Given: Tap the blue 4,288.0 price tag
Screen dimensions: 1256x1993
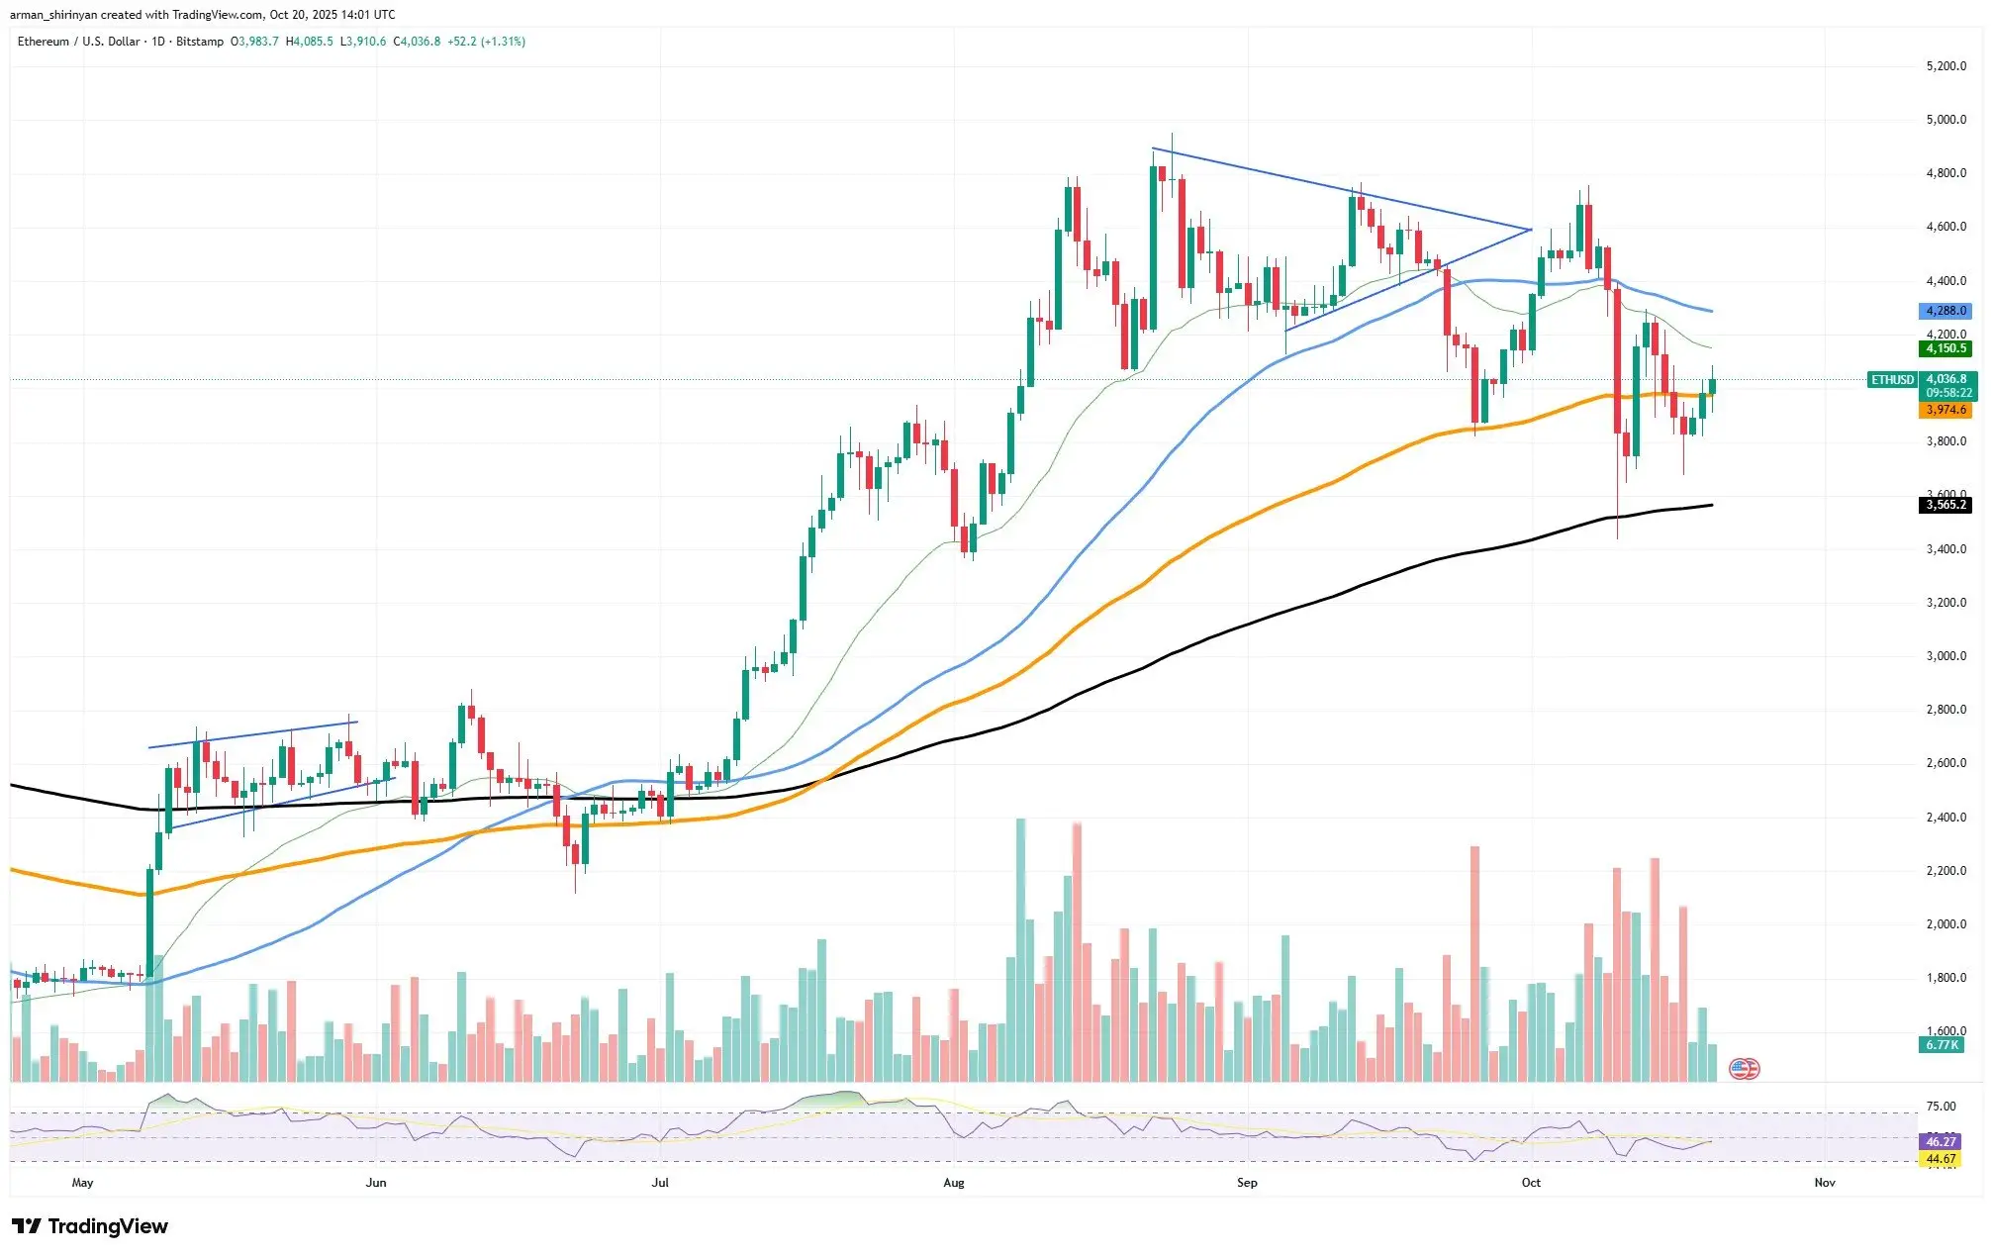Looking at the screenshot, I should click(1945, 311).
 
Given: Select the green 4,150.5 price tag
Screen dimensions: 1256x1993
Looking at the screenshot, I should click(1945, 348).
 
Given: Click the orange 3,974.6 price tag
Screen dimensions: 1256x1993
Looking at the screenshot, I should click(1945, 410).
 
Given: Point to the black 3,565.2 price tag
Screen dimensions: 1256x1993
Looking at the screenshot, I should click(1945, 505).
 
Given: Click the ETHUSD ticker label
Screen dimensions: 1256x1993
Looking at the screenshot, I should click(1891, 380).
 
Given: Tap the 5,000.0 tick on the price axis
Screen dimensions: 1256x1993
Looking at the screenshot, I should click(1946, 120).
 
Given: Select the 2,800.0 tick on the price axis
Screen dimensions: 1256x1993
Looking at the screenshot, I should click(1946, 710).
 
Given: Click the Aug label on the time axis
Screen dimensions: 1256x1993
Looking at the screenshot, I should click(953, 1183).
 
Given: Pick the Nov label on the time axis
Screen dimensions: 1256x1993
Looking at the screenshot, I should click(1825, 1183).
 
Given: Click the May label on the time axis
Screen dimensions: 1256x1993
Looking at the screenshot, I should click(83, 1183).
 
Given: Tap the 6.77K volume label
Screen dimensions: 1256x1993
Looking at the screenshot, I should click(1941, 1045).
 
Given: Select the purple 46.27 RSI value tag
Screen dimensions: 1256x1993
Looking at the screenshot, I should click(1941, 1141).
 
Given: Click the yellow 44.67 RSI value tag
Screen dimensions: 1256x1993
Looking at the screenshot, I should click(1941, 1159).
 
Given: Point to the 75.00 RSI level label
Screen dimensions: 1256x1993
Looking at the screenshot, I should click(1941, 1107).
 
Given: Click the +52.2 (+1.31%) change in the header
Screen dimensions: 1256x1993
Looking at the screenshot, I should click(486, 42).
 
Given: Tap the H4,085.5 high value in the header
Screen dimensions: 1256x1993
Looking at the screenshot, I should click(309, 42).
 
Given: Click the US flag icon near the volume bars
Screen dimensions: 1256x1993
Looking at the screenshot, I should click(1744, 1068).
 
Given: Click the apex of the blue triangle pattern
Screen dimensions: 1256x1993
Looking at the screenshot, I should click(1530, 230).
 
